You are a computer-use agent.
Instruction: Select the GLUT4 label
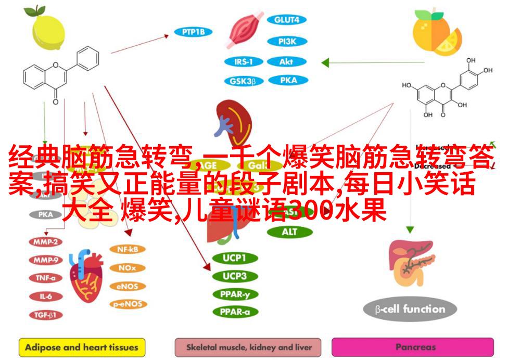[x=286, y=20]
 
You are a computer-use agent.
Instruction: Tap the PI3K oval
[x=286, y=41]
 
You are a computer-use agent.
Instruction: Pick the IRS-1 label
[x=244, y=61]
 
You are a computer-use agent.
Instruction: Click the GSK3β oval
[x=244, y=81]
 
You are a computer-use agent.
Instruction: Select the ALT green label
[x=289, y=232]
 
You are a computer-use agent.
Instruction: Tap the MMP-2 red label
[x=46, y=242]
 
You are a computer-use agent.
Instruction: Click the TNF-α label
[x=46, y=278]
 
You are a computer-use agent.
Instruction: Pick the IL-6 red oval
[x=46, y=296]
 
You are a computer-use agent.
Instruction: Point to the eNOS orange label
[x=128, y=286]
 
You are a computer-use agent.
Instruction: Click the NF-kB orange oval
[x=128, y=249]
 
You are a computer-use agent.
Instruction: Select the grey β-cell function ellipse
[x=410, y=310]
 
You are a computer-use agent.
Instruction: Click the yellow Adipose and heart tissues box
[x=82, y=347]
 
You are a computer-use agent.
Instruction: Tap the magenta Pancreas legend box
[x=412, y=347]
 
